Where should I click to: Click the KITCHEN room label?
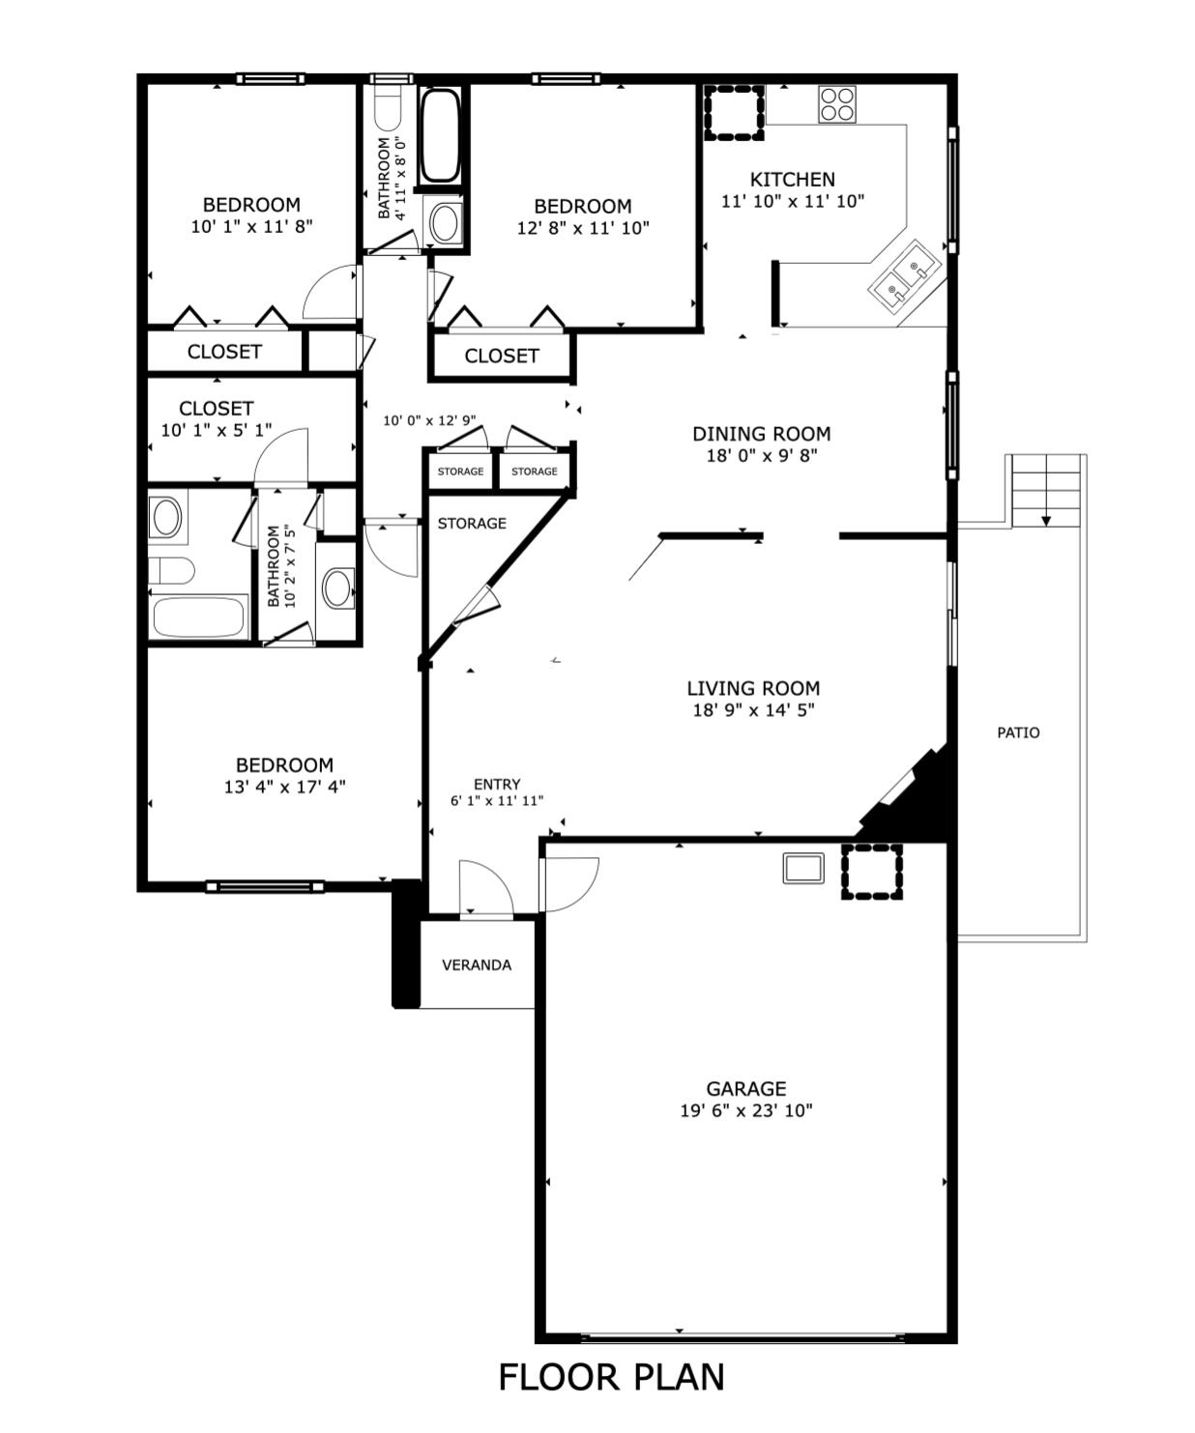point(792,180)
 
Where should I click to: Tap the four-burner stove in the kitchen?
point(837,104)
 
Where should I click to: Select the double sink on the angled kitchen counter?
point(904,276)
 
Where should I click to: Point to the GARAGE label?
point(745,1088)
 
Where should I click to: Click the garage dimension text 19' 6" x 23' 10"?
point(745,1110)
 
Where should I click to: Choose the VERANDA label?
point(477,965)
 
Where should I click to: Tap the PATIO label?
point(1018,733)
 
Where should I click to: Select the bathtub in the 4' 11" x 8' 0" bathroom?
point(440,135)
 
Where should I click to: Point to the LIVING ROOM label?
point(753,688)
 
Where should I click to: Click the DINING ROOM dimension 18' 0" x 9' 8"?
point(762,456)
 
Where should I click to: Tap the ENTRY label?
point(497,785)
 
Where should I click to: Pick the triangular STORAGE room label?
point(472,524)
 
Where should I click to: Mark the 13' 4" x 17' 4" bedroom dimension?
point(284,788)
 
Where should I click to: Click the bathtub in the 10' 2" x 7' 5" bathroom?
point(198,616)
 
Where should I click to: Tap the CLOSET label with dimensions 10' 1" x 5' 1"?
point(217,409)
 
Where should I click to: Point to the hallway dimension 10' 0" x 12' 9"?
point(429,420)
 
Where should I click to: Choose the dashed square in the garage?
point(872,872)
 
